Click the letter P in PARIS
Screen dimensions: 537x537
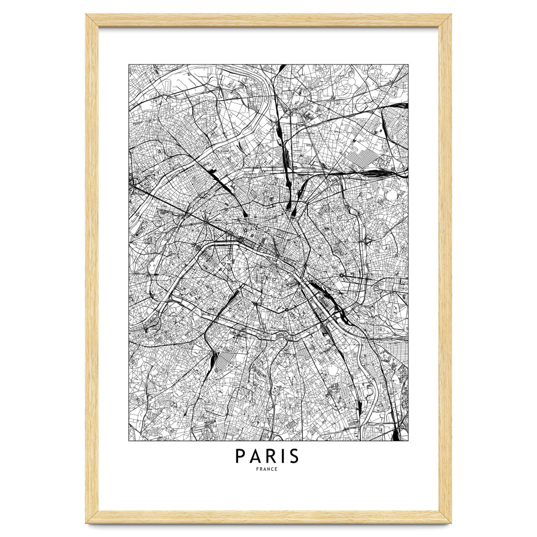240,456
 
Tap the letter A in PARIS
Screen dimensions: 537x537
255,456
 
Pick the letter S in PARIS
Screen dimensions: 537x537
293,456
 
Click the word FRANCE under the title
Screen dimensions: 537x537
268,469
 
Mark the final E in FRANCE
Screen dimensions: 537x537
277,469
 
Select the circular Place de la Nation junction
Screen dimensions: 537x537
342,274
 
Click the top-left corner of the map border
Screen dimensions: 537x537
129,64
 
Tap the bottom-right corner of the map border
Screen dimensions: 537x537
408,441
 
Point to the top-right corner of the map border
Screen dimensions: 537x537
408,64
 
